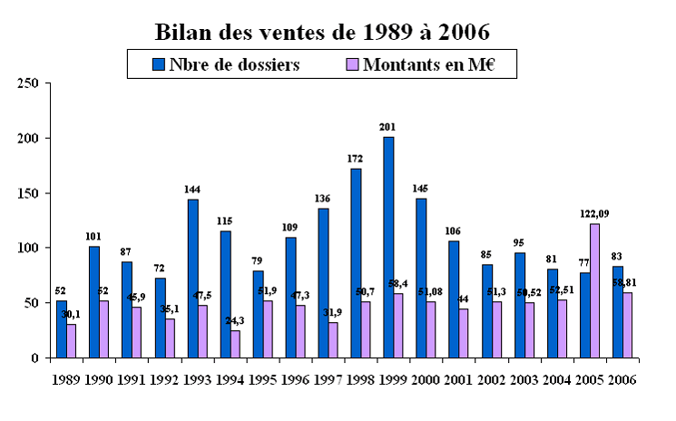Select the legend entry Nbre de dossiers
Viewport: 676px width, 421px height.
pos(231,64)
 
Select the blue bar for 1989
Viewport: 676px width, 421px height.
pos(61,328)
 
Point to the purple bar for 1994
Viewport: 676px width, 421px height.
pos(235,344)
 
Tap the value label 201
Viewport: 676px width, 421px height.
pos(388,127)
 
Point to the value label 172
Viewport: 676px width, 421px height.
pos(356,159)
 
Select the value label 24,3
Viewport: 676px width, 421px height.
pos(236,321)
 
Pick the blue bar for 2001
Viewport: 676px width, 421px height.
pos(454,299)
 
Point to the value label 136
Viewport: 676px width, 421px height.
pos(322,199)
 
